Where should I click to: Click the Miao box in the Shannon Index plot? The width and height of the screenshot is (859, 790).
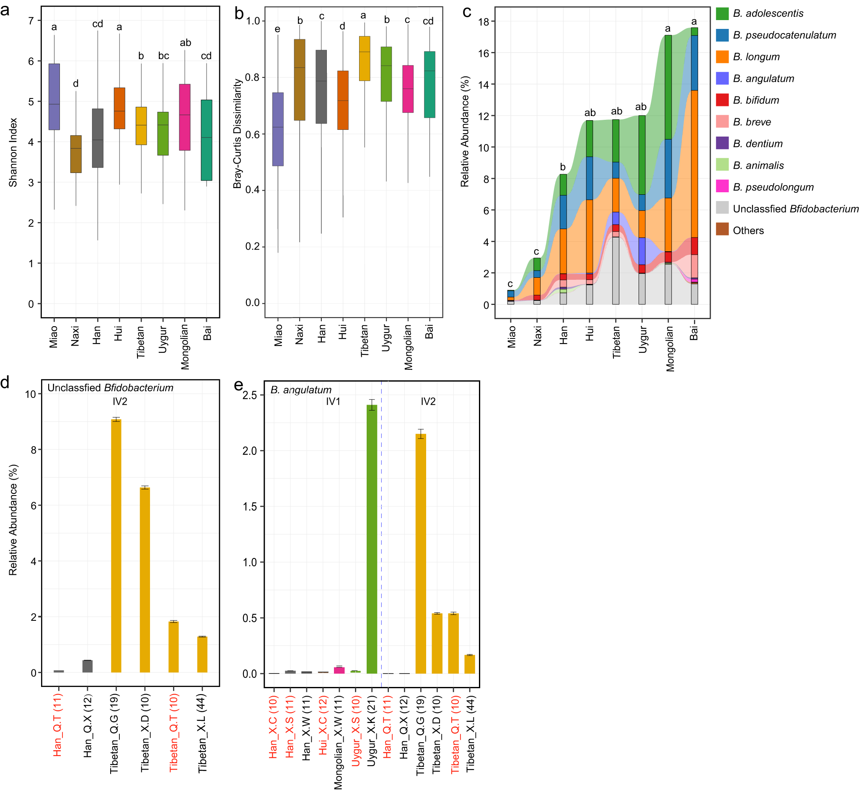pos(54,97)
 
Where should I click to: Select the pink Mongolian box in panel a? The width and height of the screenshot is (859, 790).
pos(185,117)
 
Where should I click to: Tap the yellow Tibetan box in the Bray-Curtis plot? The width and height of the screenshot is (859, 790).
pos(364,58)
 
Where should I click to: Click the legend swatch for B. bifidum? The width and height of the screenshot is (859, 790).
pos(722,100)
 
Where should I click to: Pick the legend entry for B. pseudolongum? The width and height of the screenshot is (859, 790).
pos(773,187)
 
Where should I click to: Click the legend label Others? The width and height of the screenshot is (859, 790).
pos(748,230)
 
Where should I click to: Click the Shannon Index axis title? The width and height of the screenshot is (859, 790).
pos(13,152)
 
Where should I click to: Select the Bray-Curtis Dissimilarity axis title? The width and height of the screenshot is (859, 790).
pos(237,133)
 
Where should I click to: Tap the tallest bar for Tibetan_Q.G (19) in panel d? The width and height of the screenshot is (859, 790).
pos(116,546)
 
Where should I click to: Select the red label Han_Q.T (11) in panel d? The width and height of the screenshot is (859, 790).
pos(58,725)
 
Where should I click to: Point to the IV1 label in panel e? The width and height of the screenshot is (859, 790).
pos(333,401)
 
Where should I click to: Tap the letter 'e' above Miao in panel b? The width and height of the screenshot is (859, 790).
pos(277,29)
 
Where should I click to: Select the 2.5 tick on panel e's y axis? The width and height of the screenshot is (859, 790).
pos(250,395)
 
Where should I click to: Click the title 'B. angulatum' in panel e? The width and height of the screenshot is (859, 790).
pos(300,390)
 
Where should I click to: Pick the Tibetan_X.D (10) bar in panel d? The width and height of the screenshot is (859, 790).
pos(145,580)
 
